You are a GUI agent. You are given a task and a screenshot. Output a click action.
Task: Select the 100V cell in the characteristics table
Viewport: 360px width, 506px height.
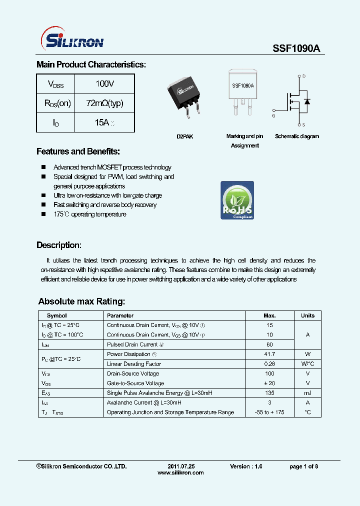tap(105, 84)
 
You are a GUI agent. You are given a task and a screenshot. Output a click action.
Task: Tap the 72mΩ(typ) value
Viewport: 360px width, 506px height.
tap(104, 103)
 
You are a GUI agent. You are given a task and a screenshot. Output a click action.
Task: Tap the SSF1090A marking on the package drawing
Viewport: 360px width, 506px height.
tap(242, 85)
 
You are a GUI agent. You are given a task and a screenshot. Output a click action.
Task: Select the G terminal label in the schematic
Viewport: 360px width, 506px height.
tap(273, 116)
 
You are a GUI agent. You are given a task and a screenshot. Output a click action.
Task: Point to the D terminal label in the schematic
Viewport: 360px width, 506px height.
tap(303, 76)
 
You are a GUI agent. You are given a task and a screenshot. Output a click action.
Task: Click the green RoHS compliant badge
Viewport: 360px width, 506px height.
tap(237, 200)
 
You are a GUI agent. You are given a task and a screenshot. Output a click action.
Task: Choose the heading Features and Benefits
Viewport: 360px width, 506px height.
tap(78, 151)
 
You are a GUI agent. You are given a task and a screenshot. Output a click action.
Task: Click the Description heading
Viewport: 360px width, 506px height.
tap(59, 245)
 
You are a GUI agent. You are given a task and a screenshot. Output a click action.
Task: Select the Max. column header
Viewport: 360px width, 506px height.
tap(269, 315)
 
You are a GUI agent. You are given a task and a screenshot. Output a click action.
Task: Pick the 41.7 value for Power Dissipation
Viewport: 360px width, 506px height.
tap(269, 354)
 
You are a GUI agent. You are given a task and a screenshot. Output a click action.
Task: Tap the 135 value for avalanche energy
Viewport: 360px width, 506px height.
tap(269, 393)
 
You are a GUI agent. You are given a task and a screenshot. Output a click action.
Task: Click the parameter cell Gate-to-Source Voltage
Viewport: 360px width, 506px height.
tap(135, 383)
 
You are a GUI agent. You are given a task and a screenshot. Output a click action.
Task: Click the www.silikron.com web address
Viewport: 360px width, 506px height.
tap(180, 473)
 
